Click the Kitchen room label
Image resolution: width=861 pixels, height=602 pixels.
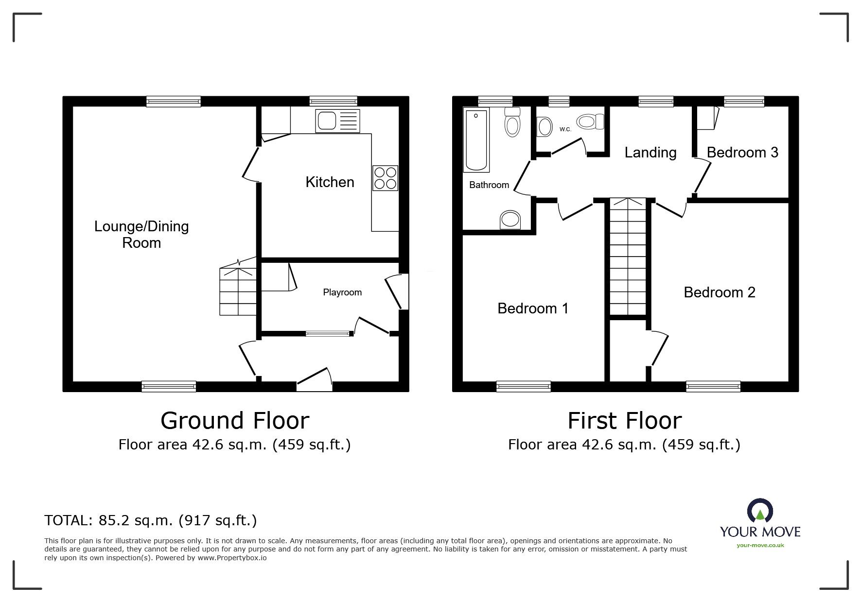330,182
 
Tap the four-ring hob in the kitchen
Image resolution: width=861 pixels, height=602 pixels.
385,178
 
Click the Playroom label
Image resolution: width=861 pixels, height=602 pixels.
342,292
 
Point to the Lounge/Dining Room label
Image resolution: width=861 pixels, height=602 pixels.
141,234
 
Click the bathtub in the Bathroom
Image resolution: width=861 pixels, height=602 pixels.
476,140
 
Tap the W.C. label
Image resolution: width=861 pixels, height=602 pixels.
565,129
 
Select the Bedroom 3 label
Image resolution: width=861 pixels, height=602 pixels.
742,153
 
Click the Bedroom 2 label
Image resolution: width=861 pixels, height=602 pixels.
719,292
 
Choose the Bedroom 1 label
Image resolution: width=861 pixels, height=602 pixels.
533,309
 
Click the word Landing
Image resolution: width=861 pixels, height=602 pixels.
650,153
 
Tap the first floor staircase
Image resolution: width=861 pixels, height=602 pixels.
628,257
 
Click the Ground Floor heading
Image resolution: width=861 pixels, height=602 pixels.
235,421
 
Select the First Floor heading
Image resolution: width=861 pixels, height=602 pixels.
625,421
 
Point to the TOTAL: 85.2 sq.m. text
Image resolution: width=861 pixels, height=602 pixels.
150,520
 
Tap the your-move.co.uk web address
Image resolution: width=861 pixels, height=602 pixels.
760,545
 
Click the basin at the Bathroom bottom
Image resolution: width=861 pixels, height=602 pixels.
510,220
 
